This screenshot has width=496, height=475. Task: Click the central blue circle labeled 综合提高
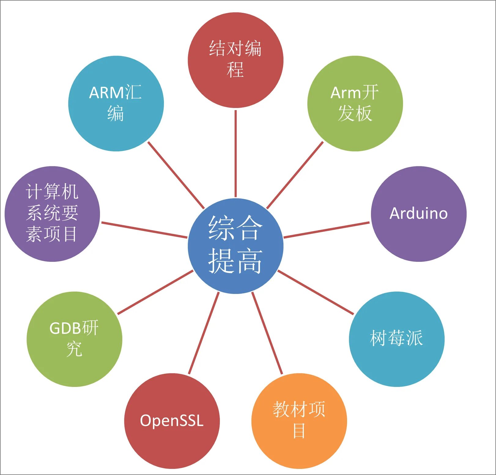(235, 246)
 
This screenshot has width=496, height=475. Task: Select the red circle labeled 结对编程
(235, 60)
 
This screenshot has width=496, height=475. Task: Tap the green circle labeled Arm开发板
(355, 103)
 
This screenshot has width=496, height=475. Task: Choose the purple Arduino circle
(419, 214)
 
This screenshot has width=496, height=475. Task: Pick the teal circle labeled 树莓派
(397, 339)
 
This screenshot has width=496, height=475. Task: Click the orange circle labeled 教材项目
(299, 421)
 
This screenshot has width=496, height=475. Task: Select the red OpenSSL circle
(172, 421)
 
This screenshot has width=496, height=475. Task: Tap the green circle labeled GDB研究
(74, 339)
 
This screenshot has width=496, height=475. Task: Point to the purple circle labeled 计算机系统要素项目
(52, 214)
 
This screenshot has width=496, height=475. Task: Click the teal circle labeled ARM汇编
(116, 103)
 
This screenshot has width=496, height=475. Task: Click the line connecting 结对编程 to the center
(235, 153)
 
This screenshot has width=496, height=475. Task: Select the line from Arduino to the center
(327, 230)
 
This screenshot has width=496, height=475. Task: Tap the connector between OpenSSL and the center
(204, 333)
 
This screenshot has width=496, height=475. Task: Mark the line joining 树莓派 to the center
(316, 292)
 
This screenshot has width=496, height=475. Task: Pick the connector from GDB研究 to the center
(155, 292)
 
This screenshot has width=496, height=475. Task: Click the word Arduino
(419, 213)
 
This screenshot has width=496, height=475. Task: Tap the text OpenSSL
(172, 421)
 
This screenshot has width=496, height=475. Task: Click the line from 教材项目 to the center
(267, 333)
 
